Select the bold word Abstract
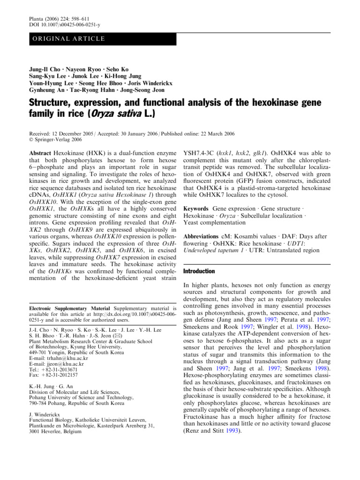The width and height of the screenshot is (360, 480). click(x=42, y=153)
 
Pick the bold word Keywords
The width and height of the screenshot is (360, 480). click(x=195, y=207)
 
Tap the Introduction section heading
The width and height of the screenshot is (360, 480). click(x=199, y=271)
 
